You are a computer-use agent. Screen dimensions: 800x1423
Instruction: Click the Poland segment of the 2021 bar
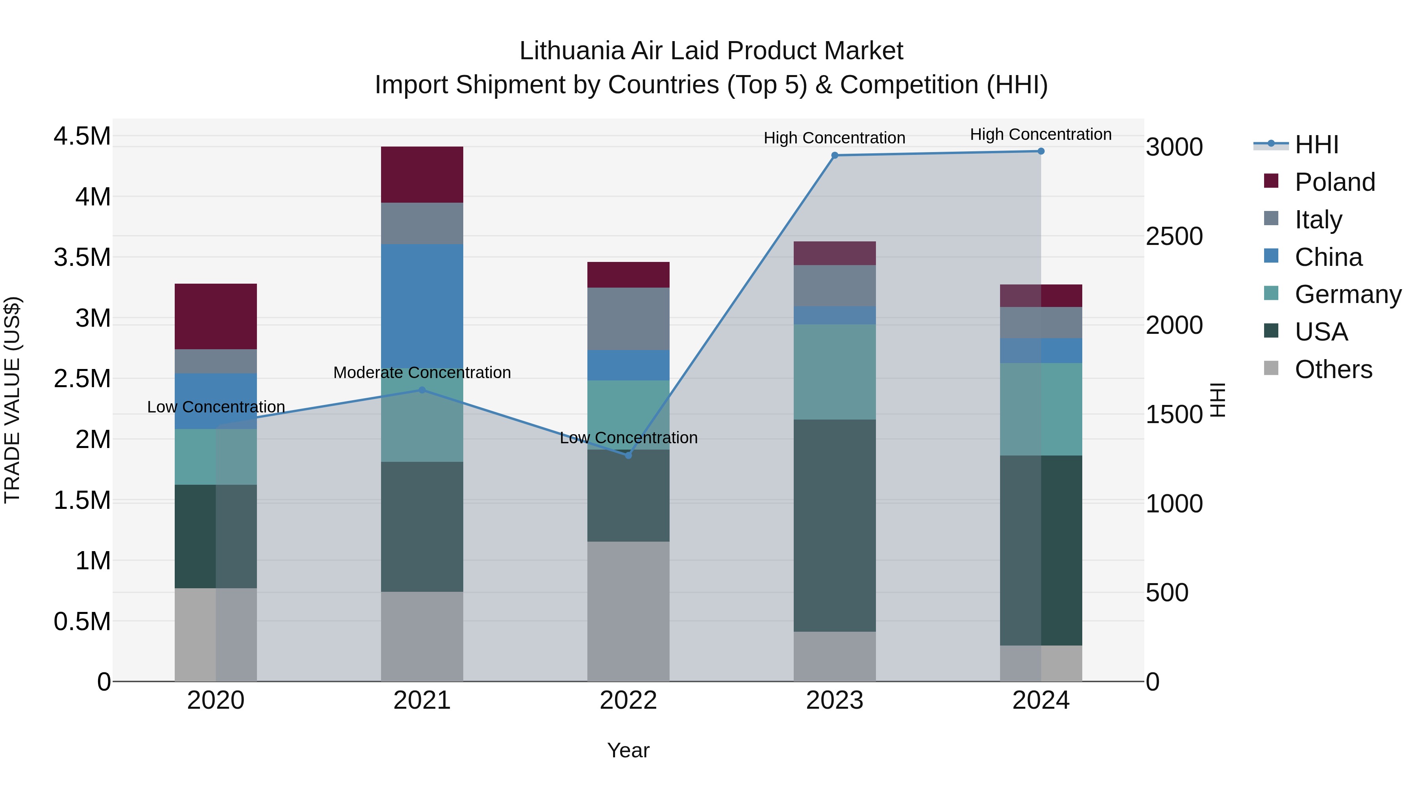pyautogui.click(x=422, y=175)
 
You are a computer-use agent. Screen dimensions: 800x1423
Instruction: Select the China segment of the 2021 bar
pyautogui.click(x=422, y=306)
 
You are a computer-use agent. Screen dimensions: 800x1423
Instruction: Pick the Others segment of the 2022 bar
pyautogui.click(x=628, y=611)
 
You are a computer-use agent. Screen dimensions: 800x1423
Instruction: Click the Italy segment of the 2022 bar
pyautogui.click(x=628, y=318)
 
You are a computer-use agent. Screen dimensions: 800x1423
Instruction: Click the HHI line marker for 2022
pyautogui.click(x=628, y=456)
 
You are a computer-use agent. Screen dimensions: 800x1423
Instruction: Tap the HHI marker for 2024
pyautogui.click(x=1041, y=151)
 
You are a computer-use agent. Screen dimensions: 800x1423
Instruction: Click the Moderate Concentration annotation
pyautogui.click(x=422, y=373)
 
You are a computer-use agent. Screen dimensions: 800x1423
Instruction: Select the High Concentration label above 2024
pyautogui.click(x=1041, y=134)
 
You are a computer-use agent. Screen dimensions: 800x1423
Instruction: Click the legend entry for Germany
pyautogui.click(x=1348, y=294)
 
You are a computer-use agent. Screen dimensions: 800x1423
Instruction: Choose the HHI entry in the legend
pyautogui.click(x=1316, y=145)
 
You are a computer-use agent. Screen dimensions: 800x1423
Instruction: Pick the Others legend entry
pyautogui.click(x=1333, y=369)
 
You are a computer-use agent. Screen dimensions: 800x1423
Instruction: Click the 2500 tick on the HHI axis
pyautogui.click(x=1174, y=236)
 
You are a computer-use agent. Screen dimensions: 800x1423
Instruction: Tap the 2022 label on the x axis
pyautogui.click(x=628, y=700)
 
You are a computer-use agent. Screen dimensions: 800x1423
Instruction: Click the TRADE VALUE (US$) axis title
pyautogui.click(x=12, y=400)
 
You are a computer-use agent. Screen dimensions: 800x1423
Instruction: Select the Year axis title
pyautogui.click(x=628, y=750)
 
